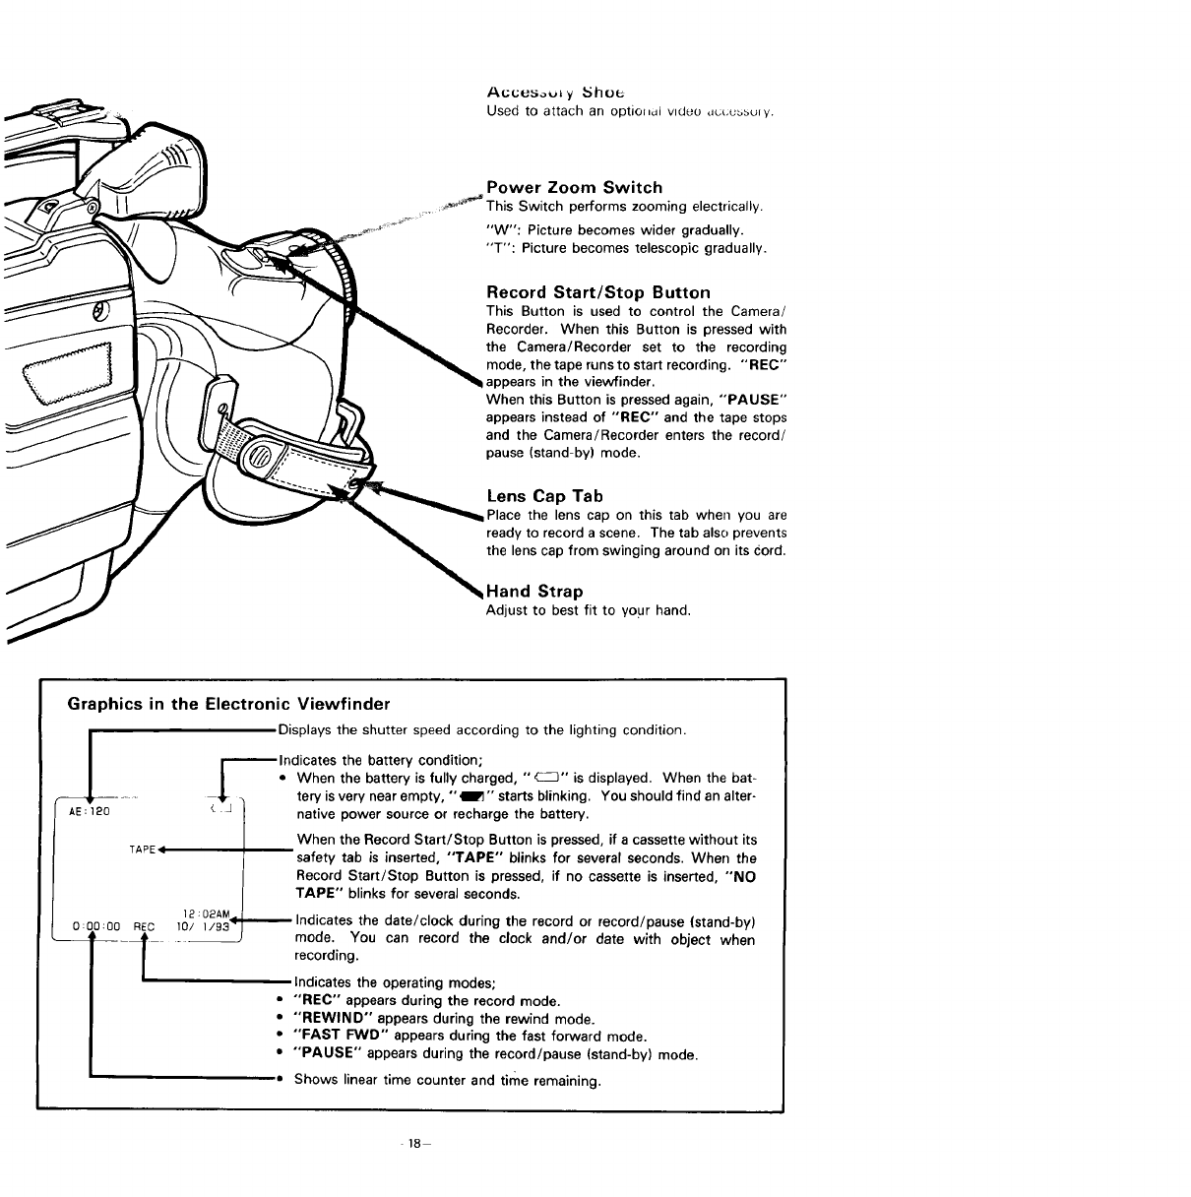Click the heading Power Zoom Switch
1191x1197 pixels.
pos(574,187)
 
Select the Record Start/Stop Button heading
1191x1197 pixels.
pos(597,292)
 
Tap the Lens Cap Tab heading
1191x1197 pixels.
pos(544,496)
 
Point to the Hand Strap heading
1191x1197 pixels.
pos(534,592)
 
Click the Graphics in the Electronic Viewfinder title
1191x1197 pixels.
pos(228,704)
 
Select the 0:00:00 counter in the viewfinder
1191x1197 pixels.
pos(96,925)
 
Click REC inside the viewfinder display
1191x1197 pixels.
pos(145,925)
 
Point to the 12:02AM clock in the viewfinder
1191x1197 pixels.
pos(215,912)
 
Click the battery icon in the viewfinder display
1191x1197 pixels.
pos(220,810)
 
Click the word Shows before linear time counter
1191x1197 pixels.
pos(316,1081)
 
